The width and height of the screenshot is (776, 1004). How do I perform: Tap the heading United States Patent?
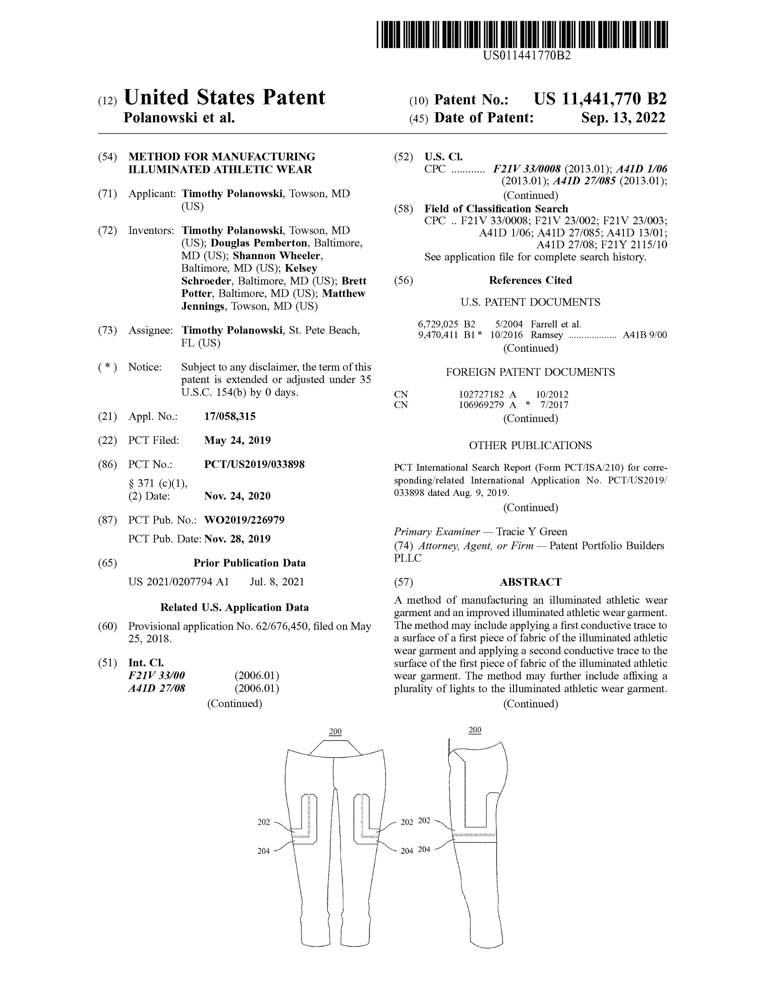224,97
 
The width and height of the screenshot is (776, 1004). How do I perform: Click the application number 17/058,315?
230,416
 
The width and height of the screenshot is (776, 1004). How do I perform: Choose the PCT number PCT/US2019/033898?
254,464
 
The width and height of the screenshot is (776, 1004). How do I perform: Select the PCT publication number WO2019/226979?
244,520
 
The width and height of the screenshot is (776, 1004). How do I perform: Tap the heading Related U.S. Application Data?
234,607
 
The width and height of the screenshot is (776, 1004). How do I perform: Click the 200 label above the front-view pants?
336,732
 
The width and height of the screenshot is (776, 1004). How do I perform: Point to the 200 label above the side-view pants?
475,730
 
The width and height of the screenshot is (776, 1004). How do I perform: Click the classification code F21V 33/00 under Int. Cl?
156,675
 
